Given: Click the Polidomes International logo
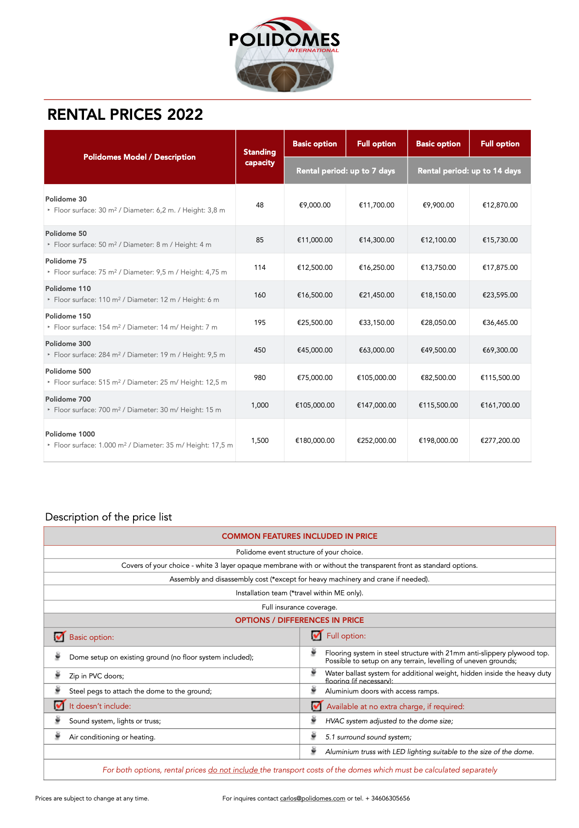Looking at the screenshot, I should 284,54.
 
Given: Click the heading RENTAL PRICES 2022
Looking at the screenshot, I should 125,114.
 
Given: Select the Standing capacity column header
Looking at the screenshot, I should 260,157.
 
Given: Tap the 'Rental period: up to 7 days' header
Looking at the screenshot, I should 345,171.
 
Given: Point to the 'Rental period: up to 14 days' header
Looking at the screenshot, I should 469,171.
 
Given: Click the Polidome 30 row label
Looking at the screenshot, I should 66,199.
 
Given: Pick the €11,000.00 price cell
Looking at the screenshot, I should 315,240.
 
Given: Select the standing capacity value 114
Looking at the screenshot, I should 260,267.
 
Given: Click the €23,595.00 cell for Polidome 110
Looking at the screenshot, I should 500,295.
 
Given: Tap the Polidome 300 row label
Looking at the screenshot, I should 68,343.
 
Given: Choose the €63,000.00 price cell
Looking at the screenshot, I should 376,350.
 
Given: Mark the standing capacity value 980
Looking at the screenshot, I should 260,377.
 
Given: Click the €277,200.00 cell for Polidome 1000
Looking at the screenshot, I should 500,440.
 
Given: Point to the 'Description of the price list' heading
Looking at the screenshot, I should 108,517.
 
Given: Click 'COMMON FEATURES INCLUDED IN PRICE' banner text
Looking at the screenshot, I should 299,536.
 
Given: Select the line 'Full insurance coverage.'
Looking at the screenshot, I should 299,607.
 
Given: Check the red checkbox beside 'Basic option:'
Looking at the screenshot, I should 59,637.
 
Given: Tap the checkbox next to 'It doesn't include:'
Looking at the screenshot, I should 59,705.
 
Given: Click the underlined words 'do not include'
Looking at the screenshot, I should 233,770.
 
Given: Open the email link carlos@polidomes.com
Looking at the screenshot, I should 312,798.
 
